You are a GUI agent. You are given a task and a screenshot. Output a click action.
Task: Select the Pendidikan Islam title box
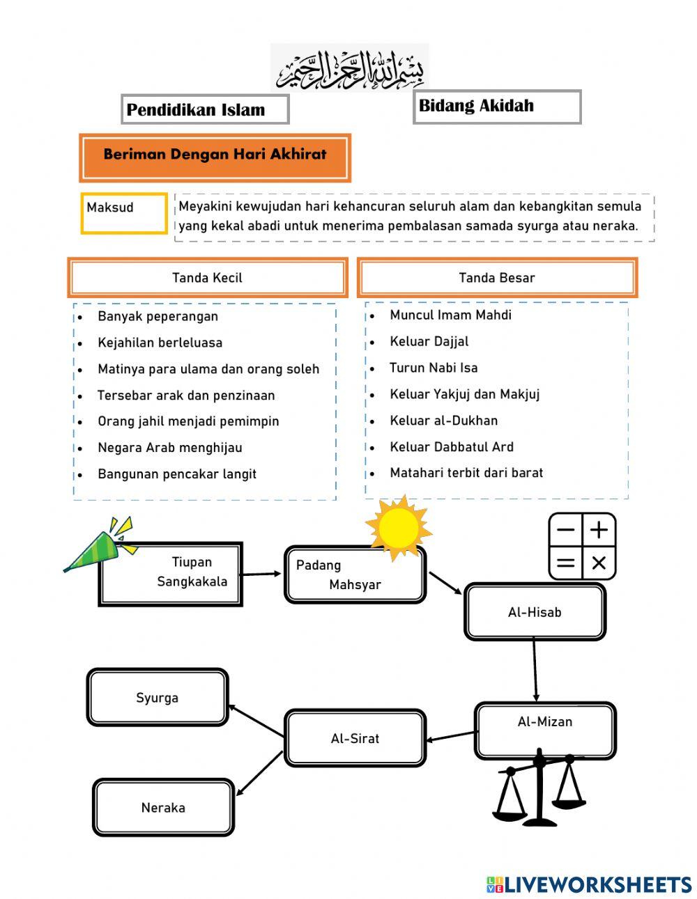tap(205, 109)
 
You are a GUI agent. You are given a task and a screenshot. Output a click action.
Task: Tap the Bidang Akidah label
tap(496, 107)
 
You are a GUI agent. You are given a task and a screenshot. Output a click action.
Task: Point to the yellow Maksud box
tap(124, 212)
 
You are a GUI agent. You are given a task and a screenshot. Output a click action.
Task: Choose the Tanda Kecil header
tap(208, 278)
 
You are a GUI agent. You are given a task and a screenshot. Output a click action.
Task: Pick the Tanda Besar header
tap(497, 278)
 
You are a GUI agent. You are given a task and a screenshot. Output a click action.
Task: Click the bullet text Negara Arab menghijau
tap(170, 448)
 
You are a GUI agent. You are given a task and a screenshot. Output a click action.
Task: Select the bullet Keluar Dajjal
tap(429, 341)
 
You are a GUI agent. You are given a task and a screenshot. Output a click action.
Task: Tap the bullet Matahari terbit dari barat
tap(466, 473)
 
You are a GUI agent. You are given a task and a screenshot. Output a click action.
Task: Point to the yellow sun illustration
tap(398, 527)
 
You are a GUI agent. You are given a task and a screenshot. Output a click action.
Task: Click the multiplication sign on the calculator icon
tap(599, 563)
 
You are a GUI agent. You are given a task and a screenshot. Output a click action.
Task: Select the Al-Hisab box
tap(535, 612)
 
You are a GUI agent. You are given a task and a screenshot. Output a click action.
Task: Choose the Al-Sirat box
tap(355, 738)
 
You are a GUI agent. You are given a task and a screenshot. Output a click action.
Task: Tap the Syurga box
tap(158, 698)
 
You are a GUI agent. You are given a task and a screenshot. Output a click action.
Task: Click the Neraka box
tap(163, 808)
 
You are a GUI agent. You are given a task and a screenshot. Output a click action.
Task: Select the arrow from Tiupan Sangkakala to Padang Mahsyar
tap(263, 574)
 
